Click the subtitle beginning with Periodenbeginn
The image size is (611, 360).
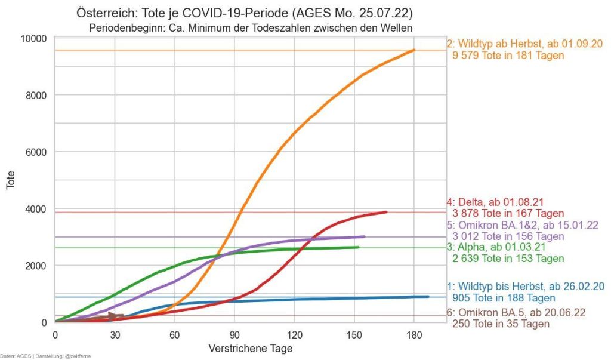tap(251, 27)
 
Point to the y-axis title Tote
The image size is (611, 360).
tap(11, 180)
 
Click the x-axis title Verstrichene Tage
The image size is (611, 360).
tap(251, 347)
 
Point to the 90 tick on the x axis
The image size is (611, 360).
tap(234, 334)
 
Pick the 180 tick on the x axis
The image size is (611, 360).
tap(413, 334)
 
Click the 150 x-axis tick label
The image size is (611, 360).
tap(354, 334)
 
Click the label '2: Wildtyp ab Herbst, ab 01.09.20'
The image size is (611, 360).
tap(524, 44)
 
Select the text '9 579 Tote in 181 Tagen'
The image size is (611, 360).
tap(508, 56)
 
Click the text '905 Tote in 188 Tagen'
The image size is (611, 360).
tap(504, 298)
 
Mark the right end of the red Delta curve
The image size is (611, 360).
tap(386, 212)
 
